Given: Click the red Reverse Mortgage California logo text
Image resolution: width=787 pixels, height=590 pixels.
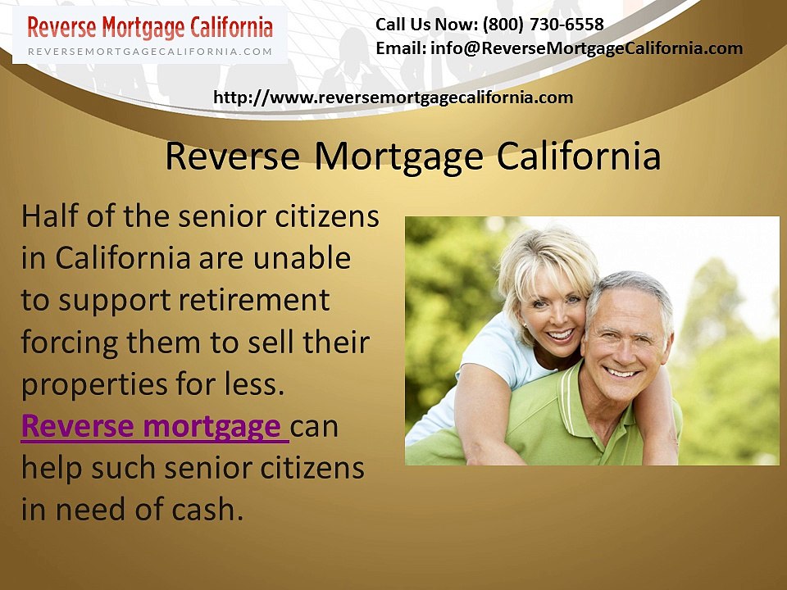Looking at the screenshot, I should pos(150,27).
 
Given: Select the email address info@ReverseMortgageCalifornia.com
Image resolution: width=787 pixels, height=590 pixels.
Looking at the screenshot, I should pos(586,48).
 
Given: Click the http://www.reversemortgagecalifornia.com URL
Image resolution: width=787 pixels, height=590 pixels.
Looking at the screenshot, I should pos(393,98).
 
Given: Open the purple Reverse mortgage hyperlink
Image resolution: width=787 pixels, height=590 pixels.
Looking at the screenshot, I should pos(152,427).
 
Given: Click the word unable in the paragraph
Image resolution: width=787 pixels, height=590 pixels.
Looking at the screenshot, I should pos(303,258).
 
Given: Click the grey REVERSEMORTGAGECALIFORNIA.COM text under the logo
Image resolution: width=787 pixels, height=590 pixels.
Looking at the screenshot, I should pos(150,51).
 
